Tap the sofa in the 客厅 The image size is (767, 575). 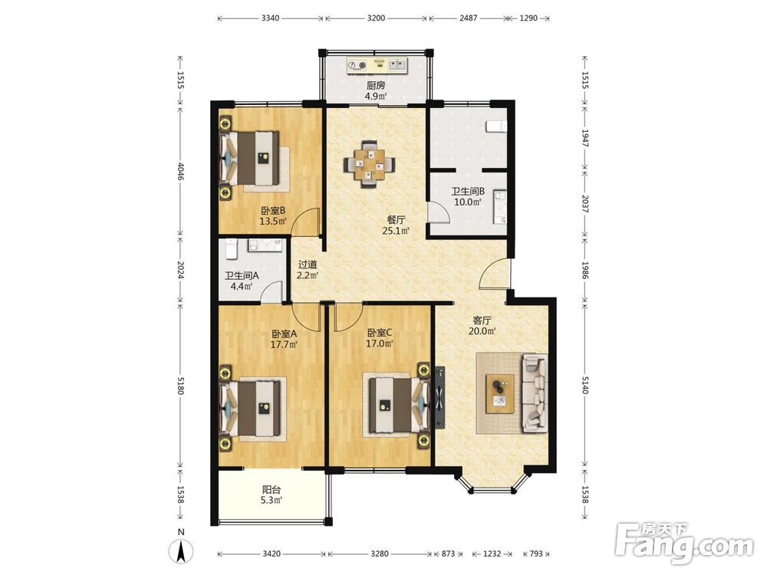point(535,393)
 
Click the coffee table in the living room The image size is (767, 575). point(500,394)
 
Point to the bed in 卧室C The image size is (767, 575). point(397,404)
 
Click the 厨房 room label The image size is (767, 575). point(376,86)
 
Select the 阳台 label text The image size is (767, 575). point(272,489)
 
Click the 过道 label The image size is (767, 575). point(308,264)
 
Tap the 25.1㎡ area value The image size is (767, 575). point(396,231)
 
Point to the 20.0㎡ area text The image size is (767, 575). point(482,331)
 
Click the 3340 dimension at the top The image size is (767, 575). point(271,18)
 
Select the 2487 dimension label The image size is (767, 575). point(468,18)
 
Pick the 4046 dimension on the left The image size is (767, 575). point(180,171)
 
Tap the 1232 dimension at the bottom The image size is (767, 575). point(492,554)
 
